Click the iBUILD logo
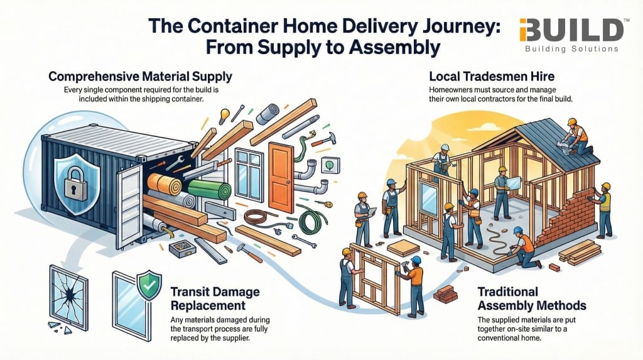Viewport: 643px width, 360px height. tap(572, 34)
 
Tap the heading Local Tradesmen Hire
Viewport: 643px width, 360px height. tap(492, 77)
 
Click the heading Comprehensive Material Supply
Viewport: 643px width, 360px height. tap(140, 77)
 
